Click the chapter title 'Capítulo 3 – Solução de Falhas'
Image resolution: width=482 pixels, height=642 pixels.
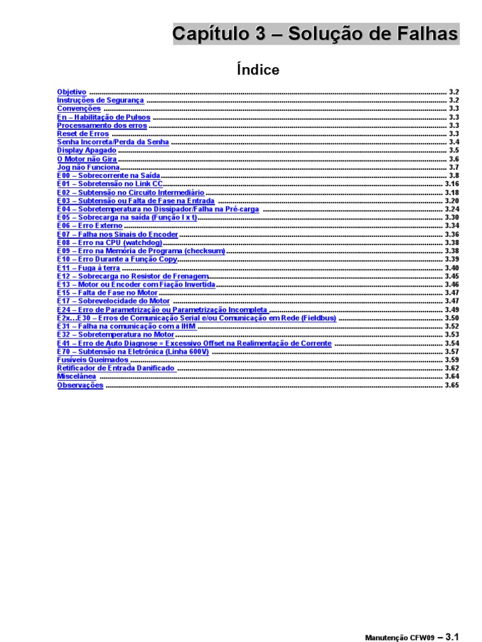pos(316,34)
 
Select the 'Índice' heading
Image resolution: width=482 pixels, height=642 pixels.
pos(258,70)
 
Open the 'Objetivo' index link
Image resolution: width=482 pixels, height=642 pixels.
pos(72,92)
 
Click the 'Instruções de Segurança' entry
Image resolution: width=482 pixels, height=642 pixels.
pos(100,100)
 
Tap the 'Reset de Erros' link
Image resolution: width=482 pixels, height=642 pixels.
pos(83,134)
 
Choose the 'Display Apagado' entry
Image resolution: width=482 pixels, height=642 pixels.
pos(87,150)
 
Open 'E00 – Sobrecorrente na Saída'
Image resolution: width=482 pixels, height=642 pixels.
pos(109,176)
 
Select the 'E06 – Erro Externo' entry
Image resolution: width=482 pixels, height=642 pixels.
pos(90,226)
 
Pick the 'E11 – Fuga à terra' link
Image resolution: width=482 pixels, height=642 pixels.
pos(88,268)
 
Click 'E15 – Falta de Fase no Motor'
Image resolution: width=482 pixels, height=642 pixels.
pos(107,293)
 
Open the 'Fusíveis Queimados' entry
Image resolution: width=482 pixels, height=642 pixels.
pos(93,360)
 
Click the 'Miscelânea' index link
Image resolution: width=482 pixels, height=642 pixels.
pos(77,377)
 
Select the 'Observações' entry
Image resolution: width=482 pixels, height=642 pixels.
pos(80,386)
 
